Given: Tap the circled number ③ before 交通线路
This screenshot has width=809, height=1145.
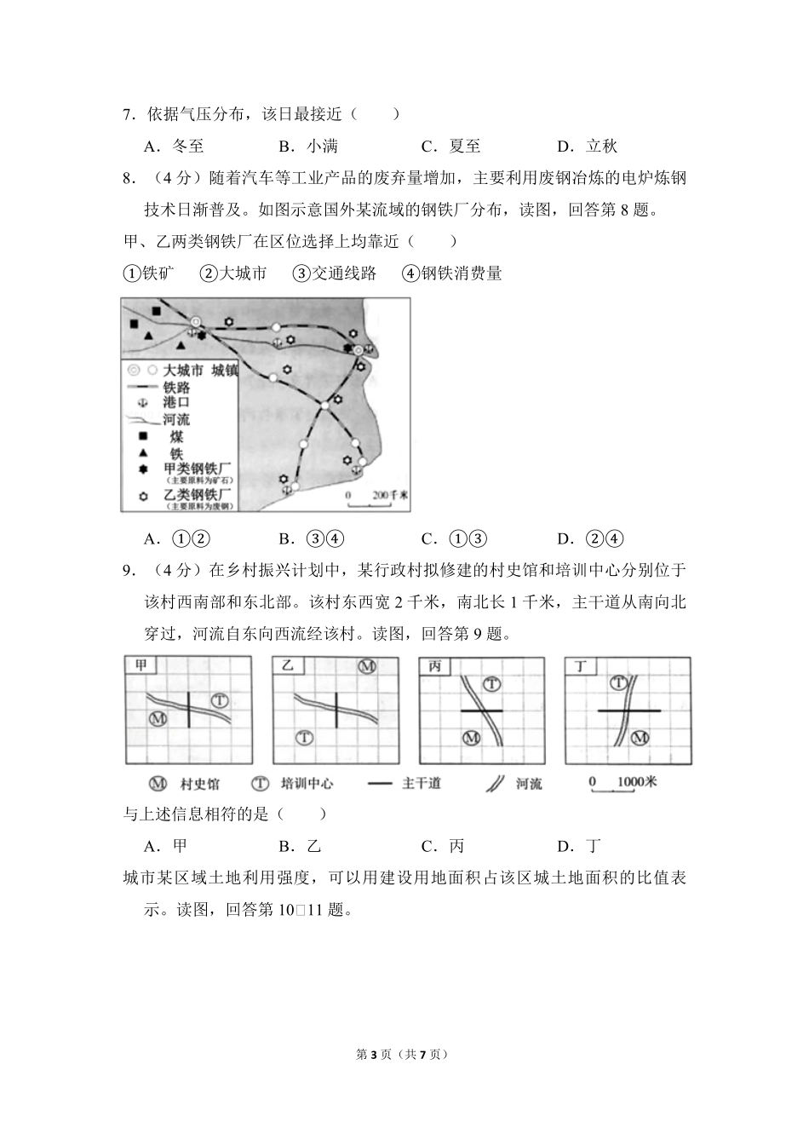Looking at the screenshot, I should click(x=300, y=273).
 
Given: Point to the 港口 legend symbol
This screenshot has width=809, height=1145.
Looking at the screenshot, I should click(x=143, y=402).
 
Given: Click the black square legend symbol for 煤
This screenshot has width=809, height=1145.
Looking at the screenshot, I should click(x=143, y=437).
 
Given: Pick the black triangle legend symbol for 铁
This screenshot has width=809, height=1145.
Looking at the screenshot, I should click(x=143, y=454).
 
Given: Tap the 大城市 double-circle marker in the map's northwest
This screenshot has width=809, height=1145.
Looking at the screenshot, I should click(x=196, y=322).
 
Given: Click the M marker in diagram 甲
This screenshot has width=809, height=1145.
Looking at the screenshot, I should click(x=157, y=719).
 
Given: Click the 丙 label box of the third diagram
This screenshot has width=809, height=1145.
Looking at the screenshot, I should click(x=435, y=666).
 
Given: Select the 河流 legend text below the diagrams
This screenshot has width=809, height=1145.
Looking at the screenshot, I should click(x=529, y=784).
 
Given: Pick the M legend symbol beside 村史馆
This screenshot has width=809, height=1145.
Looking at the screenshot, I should click(x=158, y=784).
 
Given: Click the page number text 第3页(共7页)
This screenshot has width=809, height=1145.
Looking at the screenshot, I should click(x=404, y=1055).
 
